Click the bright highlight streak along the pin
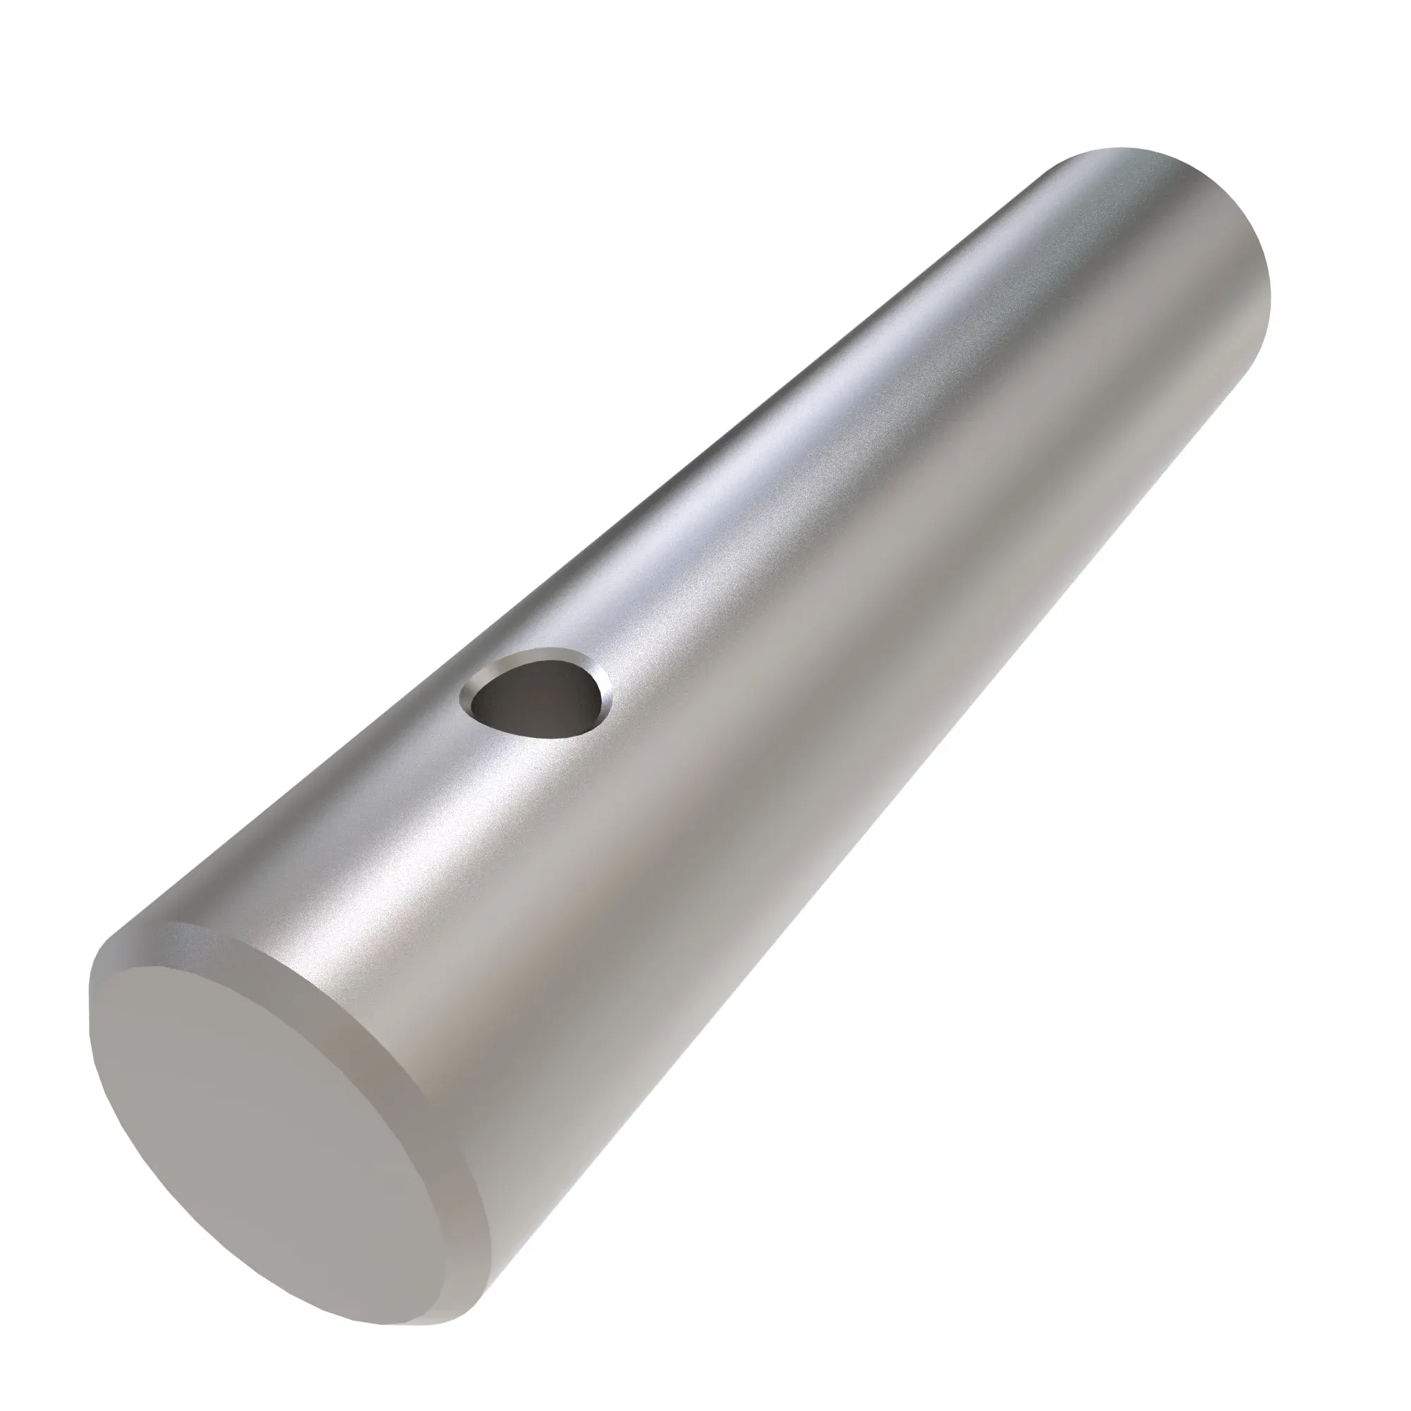point(767,453)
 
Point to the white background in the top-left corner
point(109,109)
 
